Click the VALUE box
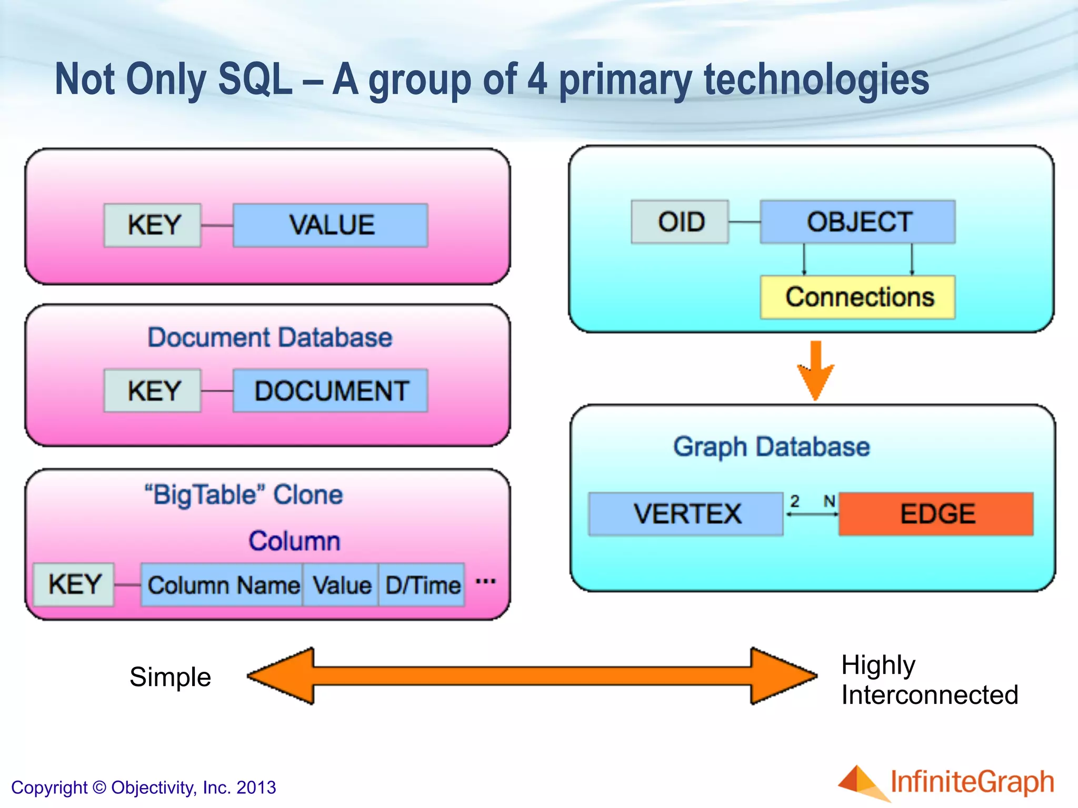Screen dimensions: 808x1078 [x=331, y=225]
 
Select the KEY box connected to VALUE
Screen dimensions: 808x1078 [x=153, y=225]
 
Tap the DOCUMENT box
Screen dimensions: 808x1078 [x=331, y=391]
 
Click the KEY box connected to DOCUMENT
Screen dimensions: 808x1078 [x=153, y=391]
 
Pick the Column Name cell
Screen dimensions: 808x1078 [x=223, y=585]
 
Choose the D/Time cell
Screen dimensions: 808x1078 [x=422, y=585]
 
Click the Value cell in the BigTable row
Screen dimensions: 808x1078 [x=341, y=585]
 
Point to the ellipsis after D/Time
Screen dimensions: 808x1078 [x=485, y=581]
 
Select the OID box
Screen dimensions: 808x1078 [x=680, y=221]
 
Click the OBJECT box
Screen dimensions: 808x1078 [x=858, y=221]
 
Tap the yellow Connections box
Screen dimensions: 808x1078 [x=858, y=297]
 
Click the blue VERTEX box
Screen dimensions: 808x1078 [x=686, y=514]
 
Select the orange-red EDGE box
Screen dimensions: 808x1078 [x=936, y=514]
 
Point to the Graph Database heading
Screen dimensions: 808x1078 [x=771, y=447]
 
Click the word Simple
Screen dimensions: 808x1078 [x=170, y=677]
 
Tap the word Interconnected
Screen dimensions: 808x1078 [x=929, y=695]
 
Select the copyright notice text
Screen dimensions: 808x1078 [x=143, y=787]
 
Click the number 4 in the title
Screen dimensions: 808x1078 [x=537, y=79]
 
